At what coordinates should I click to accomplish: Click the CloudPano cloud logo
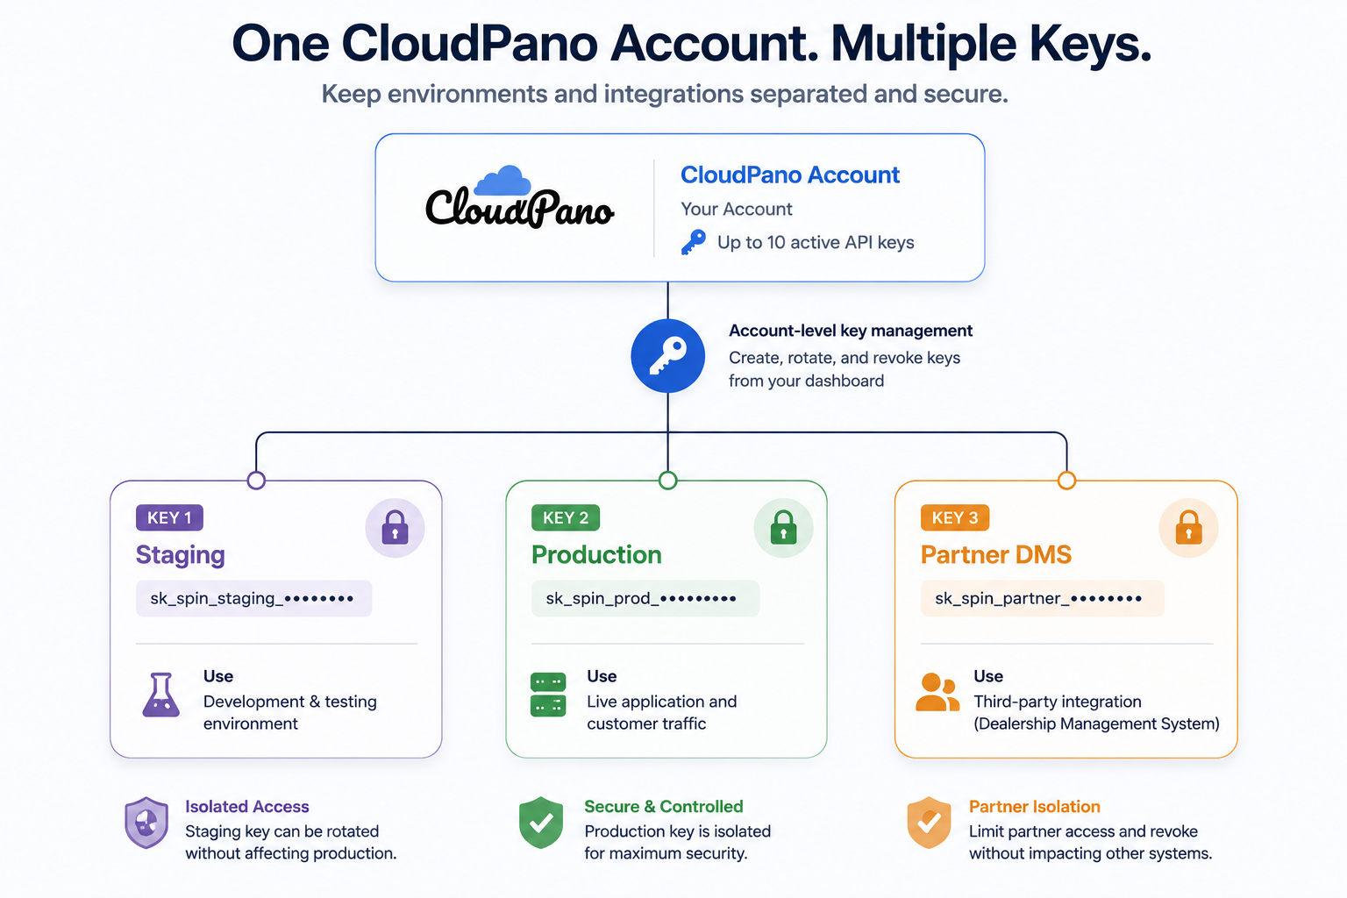click(x=519, y=197)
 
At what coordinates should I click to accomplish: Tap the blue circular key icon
click(x=667, y=355)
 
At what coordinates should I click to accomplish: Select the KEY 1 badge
click(x=169, y=517)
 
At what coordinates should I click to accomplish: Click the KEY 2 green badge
click(x=566, y=517)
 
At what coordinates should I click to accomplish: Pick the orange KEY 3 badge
click(x=955, y=517)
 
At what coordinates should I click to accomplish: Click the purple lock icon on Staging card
click(x=396, y=528)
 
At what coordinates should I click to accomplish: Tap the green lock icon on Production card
click(x=783, y=528)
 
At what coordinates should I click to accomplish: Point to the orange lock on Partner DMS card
click(x=1189, y=528)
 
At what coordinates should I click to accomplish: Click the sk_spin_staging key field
click(x=253, y=598)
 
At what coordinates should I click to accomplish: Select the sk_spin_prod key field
click(x=645, y=598)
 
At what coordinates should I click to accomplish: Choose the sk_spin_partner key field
click(x=1043, y=598)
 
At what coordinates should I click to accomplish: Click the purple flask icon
click(x=160, y=695)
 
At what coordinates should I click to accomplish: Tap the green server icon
click(x=548, y=695)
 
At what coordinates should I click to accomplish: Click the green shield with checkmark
click(x=541, y=823)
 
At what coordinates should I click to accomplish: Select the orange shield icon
click(x=929, y=823)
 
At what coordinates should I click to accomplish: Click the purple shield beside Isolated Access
click(x=146, y=823)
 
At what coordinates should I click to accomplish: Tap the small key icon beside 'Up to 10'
click(x=694, y=242)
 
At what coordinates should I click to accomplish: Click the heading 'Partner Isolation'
click(x=1034, y=807)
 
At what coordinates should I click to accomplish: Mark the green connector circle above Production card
click(x=667, y=481)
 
